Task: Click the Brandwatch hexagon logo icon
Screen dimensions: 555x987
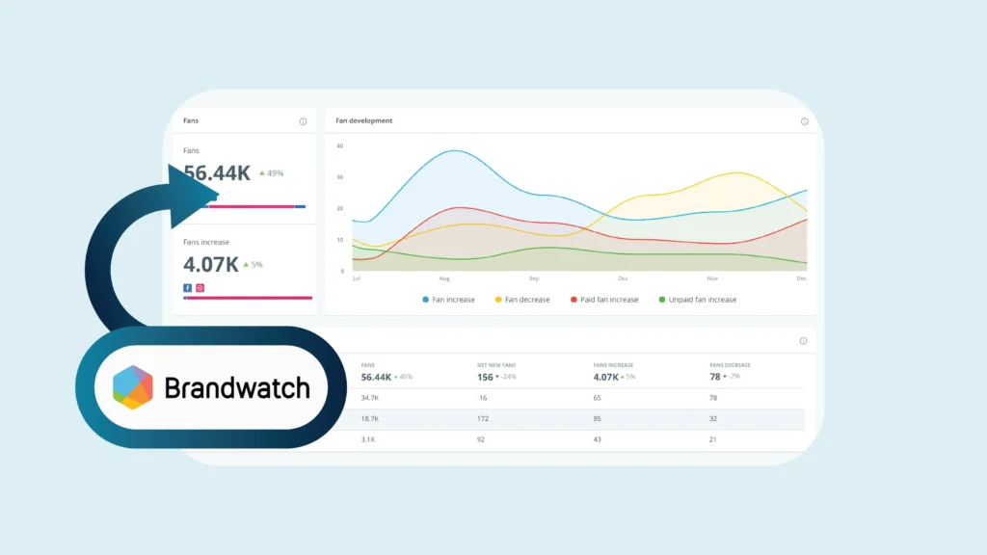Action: [133, 387]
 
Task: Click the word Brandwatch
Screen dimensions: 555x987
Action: [237, 388]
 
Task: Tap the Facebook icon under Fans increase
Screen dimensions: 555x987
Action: [187, 287]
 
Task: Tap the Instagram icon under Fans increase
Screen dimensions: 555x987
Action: [200, 287]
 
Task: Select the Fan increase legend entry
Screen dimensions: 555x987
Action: [448, 300]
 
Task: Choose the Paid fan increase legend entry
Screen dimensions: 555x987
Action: [604, 300]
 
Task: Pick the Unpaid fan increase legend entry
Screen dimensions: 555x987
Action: [697, 300]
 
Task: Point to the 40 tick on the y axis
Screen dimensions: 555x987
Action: [339, 146]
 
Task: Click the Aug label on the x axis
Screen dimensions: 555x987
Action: [444, 278]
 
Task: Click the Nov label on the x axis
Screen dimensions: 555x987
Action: [712, 278]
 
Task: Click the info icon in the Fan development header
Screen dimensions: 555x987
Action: [805, 121]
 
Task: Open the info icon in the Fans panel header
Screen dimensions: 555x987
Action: [303, 121]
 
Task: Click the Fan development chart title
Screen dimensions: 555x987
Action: [363, 121]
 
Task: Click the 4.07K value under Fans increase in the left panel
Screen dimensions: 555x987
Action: [211, 263]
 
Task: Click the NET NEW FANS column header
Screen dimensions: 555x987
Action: [495, 365]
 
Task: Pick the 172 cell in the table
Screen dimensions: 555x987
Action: [484, 419]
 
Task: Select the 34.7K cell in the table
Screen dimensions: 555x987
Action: [370, 397]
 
